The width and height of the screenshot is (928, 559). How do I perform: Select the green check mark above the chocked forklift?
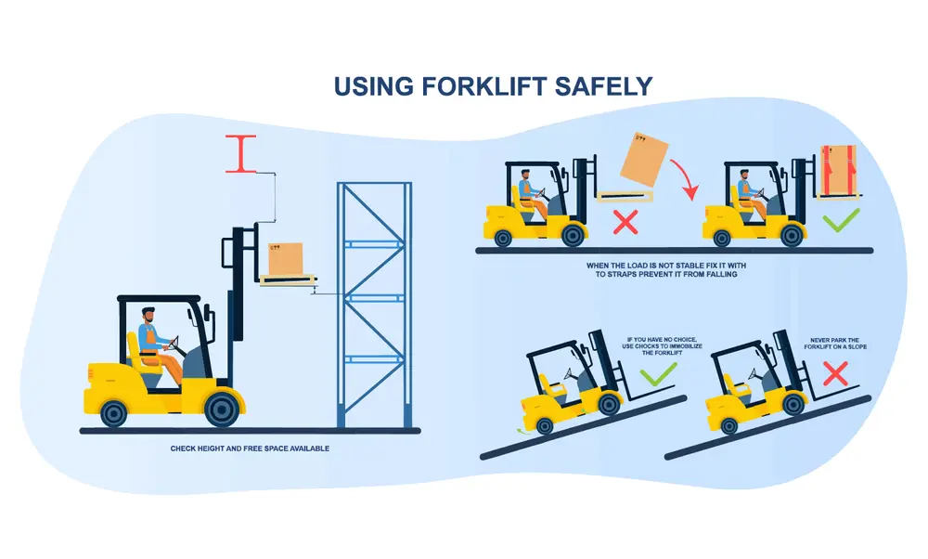(x=658, y=375)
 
